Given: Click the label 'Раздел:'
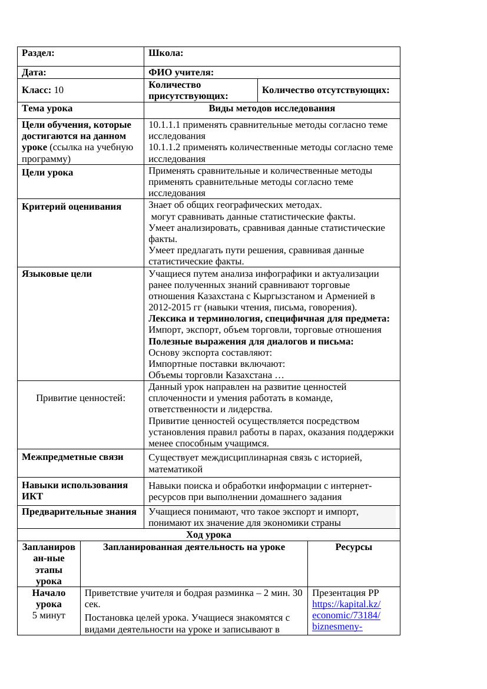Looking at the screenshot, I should pos(38,53).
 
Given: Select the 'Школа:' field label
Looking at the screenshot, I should pos(166,53).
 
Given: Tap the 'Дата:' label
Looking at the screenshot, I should pos(34,73).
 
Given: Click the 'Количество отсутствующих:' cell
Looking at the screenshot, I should pos(326,90).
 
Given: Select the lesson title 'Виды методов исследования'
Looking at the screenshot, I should pos(271,109).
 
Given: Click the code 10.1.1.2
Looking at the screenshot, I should pos(168,147).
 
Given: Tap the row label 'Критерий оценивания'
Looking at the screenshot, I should pos(71,207).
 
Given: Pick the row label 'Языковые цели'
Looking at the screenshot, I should pos(57,274).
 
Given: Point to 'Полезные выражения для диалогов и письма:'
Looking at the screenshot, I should pos(251,342).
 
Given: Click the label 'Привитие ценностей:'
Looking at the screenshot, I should pos(81,398).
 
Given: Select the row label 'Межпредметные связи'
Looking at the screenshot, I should pos(72,457).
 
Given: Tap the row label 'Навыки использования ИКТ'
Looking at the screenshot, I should pos(75,491).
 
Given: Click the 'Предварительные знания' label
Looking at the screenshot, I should pos(79,512).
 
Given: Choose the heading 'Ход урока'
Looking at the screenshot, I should pos(208,535).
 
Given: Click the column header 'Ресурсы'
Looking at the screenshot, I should pos(353,547).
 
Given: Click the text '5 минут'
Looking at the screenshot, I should pos(49,615).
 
